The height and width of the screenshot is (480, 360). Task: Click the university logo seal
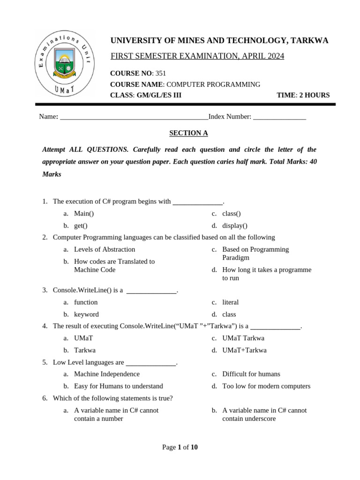(x=63, y=64)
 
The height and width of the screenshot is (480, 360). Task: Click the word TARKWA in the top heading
(x=310, y=41)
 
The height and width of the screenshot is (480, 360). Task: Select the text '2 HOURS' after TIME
(x=314, y=95)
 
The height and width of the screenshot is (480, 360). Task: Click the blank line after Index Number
(x=279, y=117)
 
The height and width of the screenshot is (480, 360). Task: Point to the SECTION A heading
(x=188, y=133)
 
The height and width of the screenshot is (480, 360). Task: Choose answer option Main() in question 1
(x=84, y=214)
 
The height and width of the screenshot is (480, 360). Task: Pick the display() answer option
(x=235, y=226)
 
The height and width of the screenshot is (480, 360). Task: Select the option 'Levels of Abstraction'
(x=105, y=249)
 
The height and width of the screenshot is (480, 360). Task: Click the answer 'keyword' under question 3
(x=86, y=315)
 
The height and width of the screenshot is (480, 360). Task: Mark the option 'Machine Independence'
(x=107, y=374)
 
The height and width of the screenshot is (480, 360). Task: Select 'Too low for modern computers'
(x=266, y=386)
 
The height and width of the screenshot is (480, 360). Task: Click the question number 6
(x=45, y=398)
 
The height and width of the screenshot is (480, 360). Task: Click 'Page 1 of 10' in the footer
(x=180, y=447)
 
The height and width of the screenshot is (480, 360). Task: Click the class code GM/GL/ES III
(x=159, y=95)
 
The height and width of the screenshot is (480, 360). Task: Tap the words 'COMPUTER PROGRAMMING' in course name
(x=213, y=84)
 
